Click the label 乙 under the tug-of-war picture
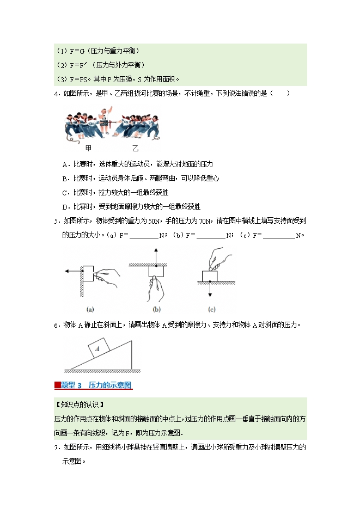pos(135,148)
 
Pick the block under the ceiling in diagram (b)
pos(156,271)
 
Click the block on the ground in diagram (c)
pos(210,276)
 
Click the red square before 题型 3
pos(57,385)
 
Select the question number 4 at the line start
pos(56,93)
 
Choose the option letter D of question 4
pos(65,206)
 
